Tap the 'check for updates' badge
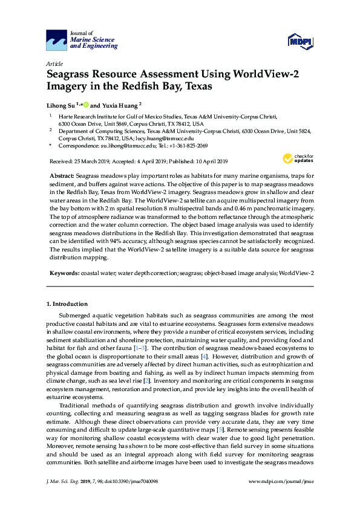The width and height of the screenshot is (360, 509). tap(296, 158)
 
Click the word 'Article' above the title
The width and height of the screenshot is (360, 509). tap(54, 63)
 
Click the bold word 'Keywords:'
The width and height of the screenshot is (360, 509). tap(64, 273)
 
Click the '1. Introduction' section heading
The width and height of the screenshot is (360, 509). tap(67, 303)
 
